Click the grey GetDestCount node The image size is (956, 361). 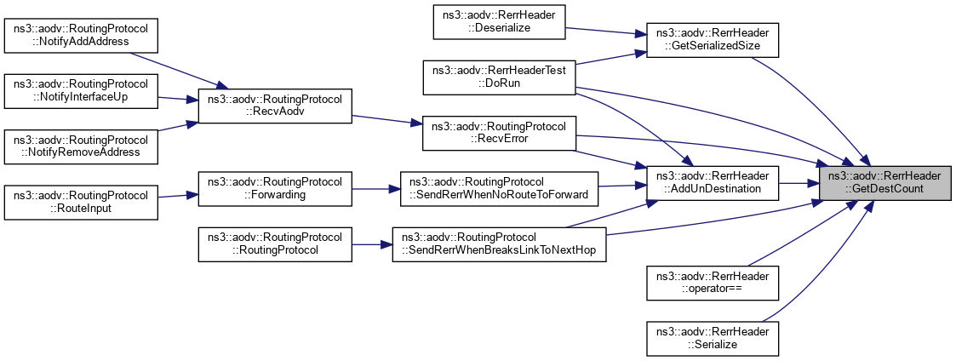(885, 182)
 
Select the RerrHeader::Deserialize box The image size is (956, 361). (500, 21)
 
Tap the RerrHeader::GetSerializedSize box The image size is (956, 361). (713, 39)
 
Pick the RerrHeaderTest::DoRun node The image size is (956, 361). (500, 77)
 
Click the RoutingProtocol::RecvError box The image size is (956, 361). (500, 133)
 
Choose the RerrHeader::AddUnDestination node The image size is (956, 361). (713, 182)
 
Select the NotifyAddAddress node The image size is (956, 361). (82, 34)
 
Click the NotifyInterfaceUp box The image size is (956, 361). (82, 92)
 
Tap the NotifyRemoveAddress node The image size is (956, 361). (82, 146)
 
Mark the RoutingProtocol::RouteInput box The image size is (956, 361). (82, 203)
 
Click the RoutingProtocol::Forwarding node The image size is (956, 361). (274, 188)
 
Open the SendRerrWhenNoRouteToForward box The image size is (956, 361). (500, 188)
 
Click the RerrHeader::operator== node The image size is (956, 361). (713, 283)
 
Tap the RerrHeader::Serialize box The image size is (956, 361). (713, 337)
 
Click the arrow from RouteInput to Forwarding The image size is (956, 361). (178, 196)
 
